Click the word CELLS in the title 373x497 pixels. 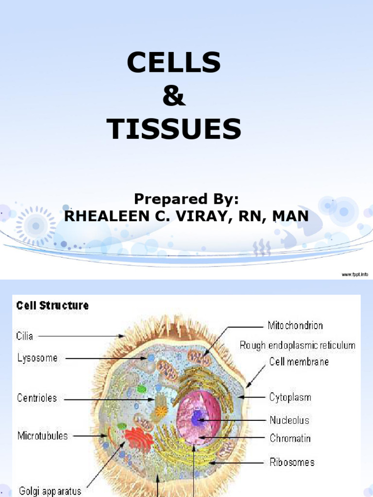click(x=174, y=64)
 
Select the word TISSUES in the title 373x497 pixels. click(x=174, y=130)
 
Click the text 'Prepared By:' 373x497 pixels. click(x=186, y=199)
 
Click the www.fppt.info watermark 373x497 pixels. click(x=355, y=275)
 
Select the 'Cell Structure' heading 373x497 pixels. click(x=52, y=306)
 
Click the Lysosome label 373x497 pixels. click(x=37, y=359)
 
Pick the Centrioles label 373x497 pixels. click(x=37, y=398)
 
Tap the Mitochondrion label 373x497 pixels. click(x=295, y=325)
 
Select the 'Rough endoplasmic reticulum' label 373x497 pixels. click(x=298, y=346)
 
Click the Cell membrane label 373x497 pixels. click(x=299, y=362)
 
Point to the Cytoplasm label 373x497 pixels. click(x=290, y=398)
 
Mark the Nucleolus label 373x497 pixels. click(x=289, y=420)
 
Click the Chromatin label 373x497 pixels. click(x=290, y=438)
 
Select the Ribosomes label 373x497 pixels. click(x=292, y=462)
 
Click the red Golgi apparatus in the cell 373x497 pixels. click(x=138, y=437)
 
